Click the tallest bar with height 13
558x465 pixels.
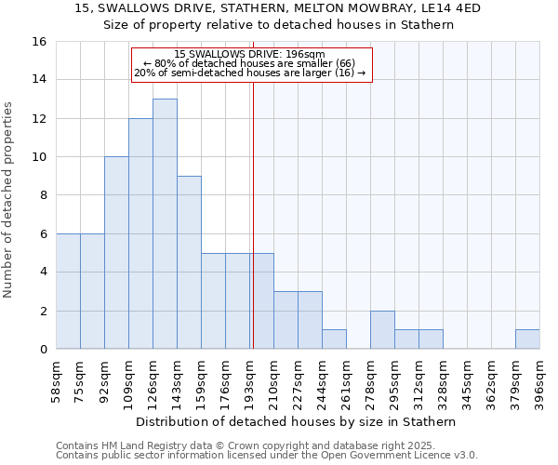(165, 223)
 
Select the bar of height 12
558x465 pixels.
(140, 233)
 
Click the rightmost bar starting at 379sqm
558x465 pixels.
(527, 339)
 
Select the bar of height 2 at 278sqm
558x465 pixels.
(382, 330)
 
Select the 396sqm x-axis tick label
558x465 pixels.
(540, 381)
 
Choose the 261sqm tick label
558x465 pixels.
(347, 381)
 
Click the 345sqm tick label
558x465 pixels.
(468, 381)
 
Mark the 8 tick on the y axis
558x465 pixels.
(42, 195)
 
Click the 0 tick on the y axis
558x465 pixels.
(42, 350)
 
